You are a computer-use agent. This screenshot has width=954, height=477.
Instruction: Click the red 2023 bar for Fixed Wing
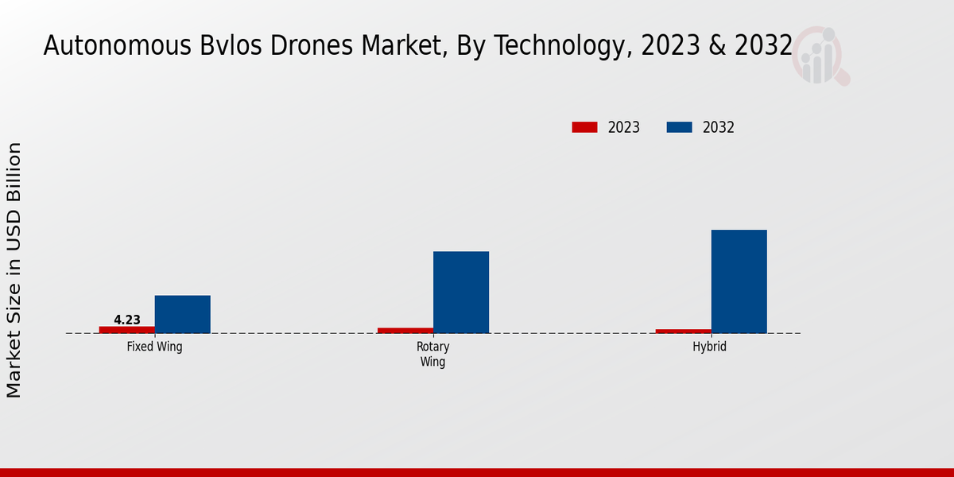tap(127, 329)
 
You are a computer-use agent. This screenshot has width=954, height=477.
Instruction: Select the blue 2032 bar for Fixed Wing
tap(183, 314)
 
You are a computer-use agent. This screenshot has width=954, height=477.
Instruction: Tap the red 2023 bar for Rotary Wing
tap(405, 330)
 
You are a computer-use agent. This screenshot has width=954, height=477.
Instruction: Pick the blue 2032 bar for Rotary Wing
tap(461, 292)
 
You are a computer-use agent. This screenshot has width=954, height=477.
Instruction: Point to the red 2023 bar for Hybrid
tap(684, 331)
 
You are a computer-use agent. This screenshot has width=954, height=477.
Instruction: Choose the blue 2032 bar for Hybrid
tap(739, 281)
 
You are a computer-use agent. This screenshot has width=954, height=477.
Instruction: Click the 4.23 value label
tap(127, 320)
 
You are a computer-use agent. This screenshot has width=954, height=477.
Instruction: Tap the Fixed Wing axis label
tap(155, 347)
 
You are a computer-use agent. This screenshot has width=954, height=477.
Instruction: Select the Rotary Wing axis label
tap(433, 355)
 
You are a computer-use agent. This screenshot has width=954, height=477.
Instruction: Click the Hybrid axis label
tap(710, 347)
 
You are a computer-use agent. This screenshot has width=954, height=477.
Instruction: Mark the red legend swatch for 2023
tap(584, 127)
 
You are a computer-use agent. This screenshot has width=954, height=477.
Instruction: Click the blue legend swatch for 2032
tap(679, 127)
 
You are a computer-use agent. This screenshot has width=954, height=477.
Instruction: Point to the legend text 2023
tap(624, 127)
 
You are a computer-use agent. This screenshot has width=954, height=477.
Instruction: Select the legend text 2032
tap(719, 127)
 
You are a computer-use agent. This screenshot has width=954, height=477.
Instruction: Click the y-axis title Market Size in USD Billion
tap(14, 270)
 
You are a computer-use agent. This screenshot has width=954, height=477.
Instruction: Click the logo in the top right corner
tap(821, 56)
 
